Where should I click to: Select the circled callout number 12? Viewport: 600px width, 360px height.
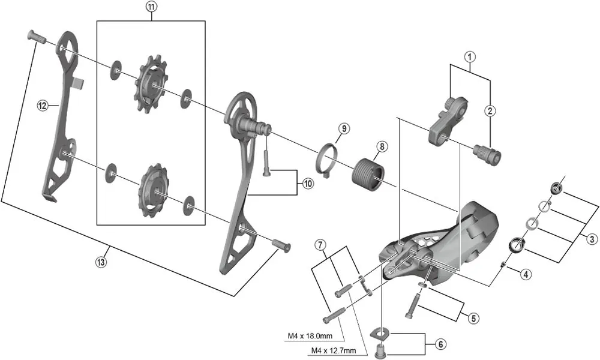42,106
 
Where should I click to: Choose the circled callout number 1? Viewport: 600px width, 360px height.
470,58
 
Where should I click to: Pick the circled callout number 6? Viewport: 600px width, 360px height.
441,344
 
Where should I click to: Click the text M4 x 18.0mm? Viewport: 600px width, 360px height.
311,336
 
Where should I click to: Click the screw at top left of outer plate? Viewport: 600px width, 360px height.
37,37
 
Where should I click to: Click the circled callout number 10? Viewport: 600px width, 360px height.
308,184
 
